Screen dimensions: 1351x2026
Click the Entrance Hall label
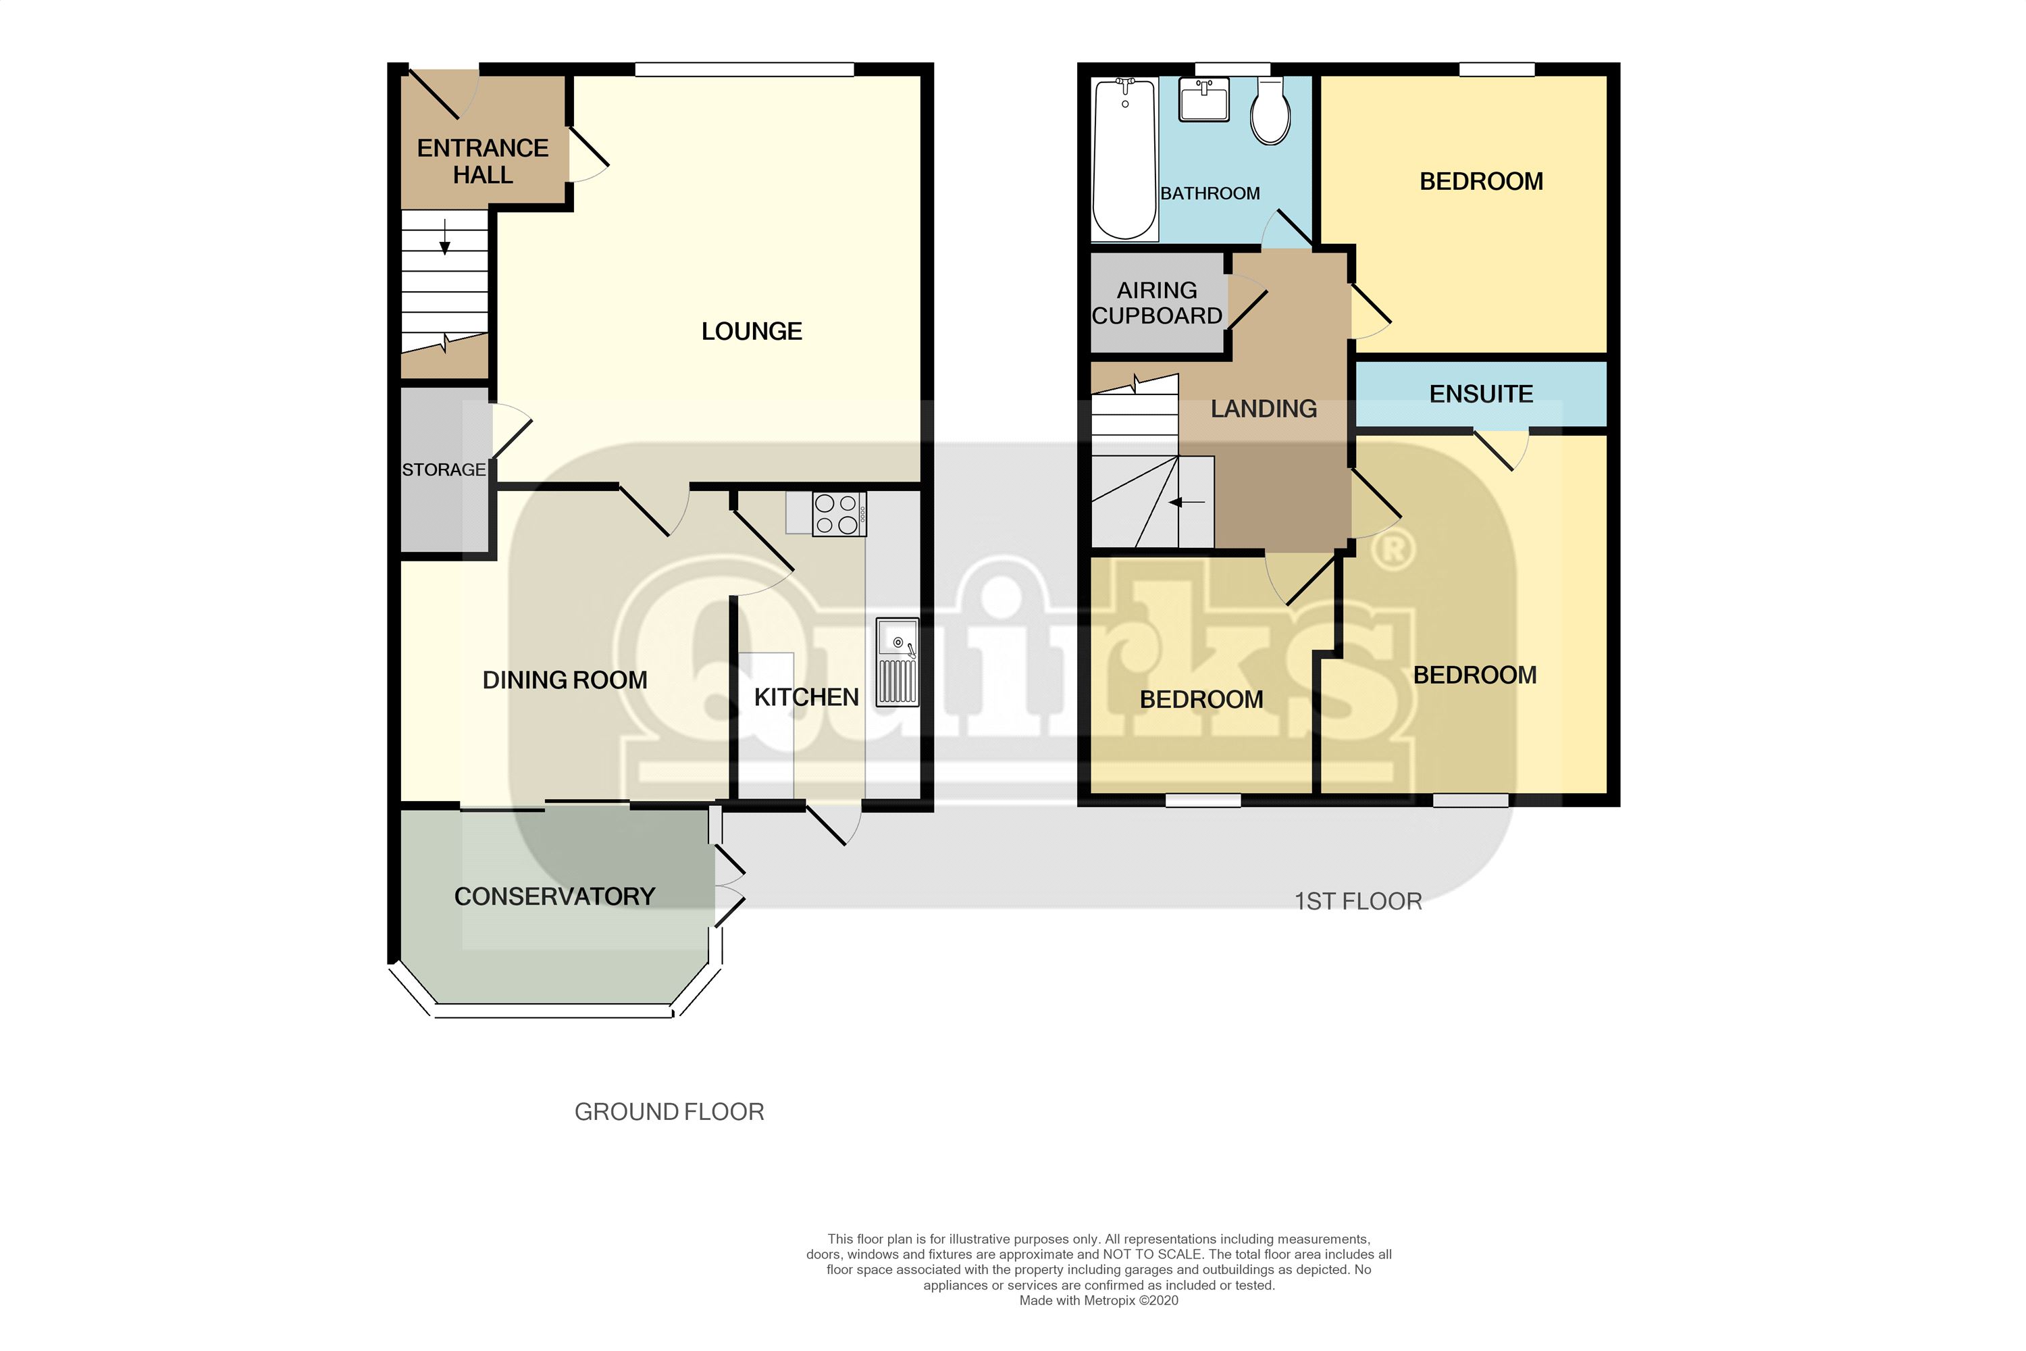click(x=482, y=161)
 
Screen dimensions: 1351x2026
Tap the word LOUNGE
click(x=751, y=331)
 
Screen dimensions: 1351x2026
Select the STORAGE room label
click(x=444, y=469)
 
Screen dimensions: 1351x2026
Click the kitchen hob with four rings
click(x=837, y=513)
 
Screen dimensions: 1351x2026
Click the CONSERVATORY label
click(x=554, y=896)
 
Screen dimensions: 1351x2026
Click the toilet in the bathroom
click(x=1270, y=112)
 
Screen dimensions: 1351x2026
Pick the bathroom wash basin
click(x=1203, y=101)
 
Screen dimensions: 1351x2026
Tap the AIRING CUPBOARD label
click(x=1156, y=303)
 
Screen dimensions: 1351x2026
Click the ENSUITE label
click(x=1481, y=394)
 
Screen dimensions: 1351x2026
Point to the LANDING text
click(x=1263, y=409)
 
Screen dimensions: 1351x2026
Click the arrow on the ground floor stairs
click(x=444, y=238)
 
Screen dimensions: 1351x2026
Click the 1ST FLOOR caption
click(x=1357, y=901)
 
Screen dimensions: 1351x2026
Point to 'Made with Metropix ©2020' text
click(x=1098, y=1300)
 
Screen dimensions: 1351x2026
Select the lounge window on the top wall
click(x=744, y=69)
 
